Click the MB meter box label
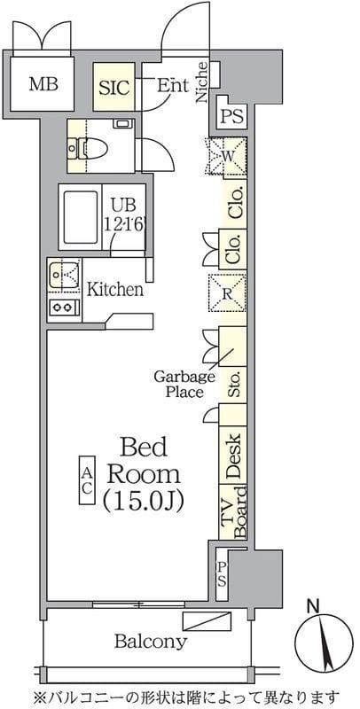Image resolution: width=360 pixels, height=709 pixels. click(x=43, y=84)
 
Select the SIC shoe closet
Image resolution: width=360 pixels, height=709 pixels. click(x=114, y=87)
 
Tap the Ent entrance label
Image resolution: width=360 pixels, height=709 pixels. click(x=172, y=86)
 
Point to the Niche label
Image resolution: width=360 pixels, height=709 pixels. click(x=203, y=82)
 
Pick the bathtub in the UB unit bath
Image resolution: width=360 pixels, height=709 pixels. click(x=81, y=217)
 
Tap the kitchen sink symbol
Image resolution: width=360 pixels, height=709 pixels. click(x=64, y=275)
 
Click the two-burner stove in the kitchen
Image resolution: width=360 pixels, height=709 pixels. click(x=63, y=308)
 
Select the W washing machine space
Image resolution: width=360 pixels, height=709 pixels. click(x=226, y=156)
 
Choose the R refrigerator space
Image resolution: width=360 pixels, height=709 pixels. click(x=227, y=292)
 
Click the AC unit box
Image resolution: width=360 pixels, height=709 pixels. click(x=87, y=480)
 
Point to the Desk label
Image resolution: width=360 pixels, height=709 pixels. click(x=234, y=456)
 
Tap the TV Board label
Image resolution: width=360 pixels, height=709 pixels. click(x=234, y=512)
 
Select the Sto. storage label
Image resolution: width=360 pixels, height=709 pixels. click(x=234, y=385)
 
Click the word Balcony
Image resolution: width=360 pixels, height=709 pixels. click(x=150, y=641)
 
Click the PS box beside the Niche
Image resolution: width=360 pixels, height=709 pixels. click(x=232, y=117)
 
